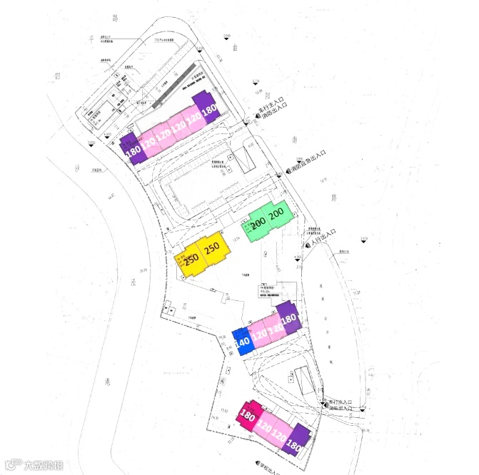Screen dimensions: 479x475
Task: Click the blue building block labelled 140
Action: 242,341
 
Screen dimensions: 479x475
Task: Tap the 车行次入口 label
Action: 340,402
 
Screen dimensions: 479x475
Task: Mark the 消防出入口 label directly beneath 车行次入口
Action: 338,409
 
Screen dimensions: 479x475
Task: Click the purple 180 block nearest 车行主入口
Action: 208,108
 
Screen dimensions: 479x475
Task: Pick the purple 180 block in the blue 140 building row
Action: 289,319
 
